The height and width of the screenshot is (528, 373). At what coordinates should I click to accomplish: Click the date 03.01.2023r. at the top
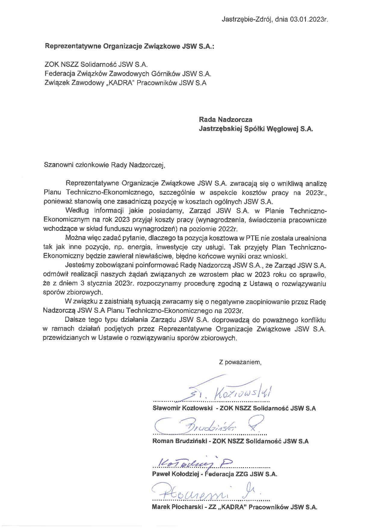click(x=309, y=20)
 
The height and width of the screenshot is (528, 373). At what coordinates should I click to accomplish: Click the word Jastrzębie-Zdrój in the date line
click(x=247, y=20)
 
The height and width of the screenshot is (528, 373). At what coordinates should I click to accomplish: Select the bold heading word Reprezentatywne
click(x=73, y=46)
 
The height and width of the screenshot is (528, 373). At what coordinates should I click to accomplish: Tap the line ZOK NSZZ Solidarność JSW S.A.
click(x=96, y=64)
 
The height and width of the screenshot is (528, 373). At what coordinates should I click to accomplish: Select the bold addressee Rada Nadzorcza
click(x=226, y=120)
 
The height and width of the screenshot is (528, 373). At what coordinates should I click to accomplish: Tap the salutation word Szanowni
click(x=57, y=165)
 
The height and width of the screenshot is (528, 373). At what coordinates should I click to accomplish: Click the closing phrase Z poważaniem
click(x=240, y=362)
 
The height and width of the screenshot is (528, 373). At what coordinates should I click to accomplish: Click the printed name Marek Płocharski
click(x=178, y=507)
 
